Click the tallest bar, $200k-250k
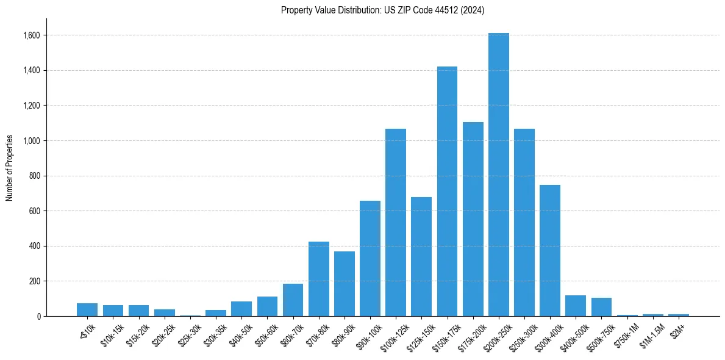[x=498, y=177]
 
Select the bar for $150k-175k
[x=447, y=192]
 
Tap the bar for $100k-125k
[x=396, y=223]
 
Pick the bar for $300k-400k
[x=550, y=250]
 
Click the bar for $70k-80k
[x=319, y=279]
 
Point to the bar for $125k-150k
[x=421, y=256]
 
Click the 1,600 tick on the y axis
[x=32, y=35]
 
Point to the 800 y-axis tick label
[x=35, y=176]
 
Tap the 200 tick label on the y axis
[x=35, y=281]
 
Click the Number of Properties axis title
[x=9, y=168]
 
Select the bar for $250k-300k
[x=524, y=223]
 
